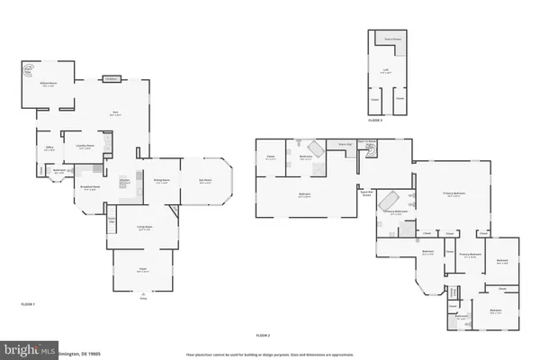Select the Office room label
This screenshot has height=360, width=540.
[50, 149]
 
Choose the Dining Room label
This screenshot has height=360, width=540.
[162, 181]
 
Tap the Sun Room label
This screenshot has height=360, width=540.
[205, 181]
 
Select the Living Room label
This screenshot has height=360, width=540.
[144, 227]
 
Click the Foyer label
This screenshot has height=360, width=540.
[141, 270]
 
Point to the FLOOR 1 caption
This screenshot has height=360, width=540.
[28, 306]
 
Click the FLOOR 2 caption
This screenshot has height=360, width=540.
[264, 335]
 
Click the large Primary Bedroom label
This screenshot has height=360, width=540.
[454, 193]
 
